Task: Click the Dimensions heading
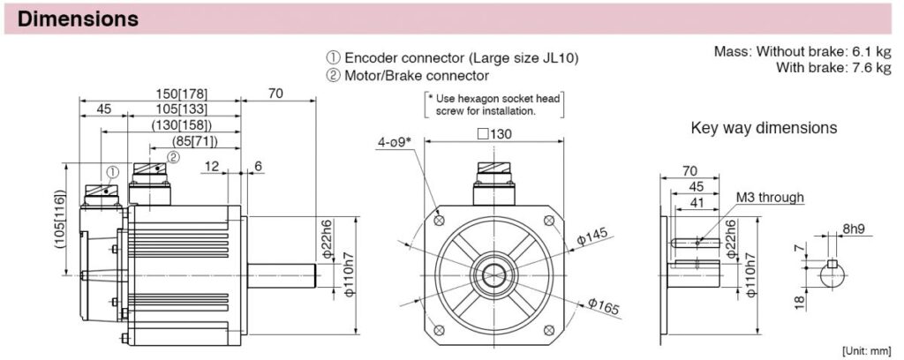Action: click(78, 18)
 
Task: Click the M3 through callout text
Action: click(770, 198)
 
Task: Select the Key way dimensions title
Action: click(764, 128)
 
